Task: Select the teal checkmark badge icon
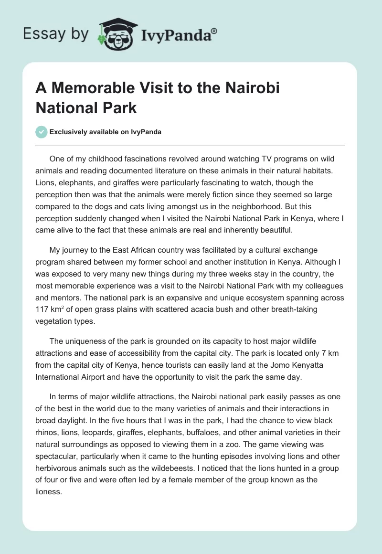pos(42,132)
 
